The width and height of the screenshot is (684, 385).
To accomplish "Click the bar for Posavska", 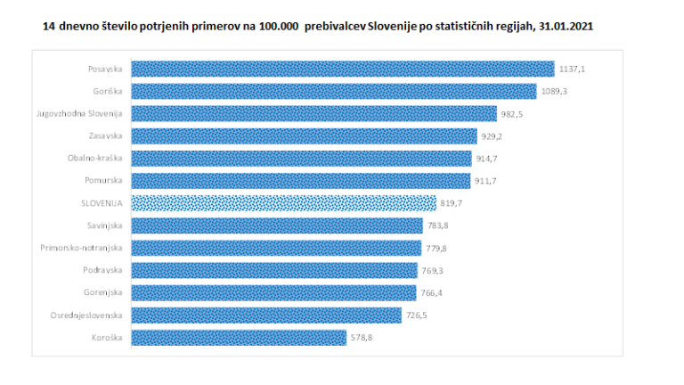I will [343, 69].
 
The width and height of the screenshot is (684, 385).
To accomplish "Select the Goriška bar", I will [334, 91].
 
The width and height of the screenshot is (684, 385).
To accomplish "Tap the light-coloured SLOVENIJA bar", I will [284, 202].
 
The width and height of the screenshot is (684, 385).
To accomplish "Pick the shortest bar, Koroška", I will [239, 337].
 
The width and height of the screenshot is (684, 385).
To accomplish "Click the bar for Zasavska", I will [304, 135].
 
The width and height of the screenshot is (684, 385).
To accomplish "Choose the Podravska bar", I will [274, 270].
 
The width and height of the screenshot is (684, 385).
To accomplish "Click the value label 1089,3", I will [552, 91].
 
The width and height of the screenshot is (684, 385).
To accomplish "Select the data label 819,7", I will [452, 203].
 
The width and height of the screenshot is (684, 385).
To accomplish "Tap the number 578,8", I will [361, 337].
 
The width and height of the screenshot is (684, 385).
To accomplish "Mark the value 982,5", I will [511, 113].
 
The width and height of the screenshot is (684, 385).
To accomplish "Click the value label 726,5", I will [417, 315].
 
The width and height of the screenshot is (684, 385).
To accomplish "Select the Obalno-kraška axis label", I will [96, 158].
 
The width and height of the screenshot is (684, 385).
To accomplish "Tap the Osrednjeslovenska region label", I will [86, 315].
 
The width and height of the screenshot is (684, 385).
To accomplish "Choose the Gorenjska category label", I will [101, 292].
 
